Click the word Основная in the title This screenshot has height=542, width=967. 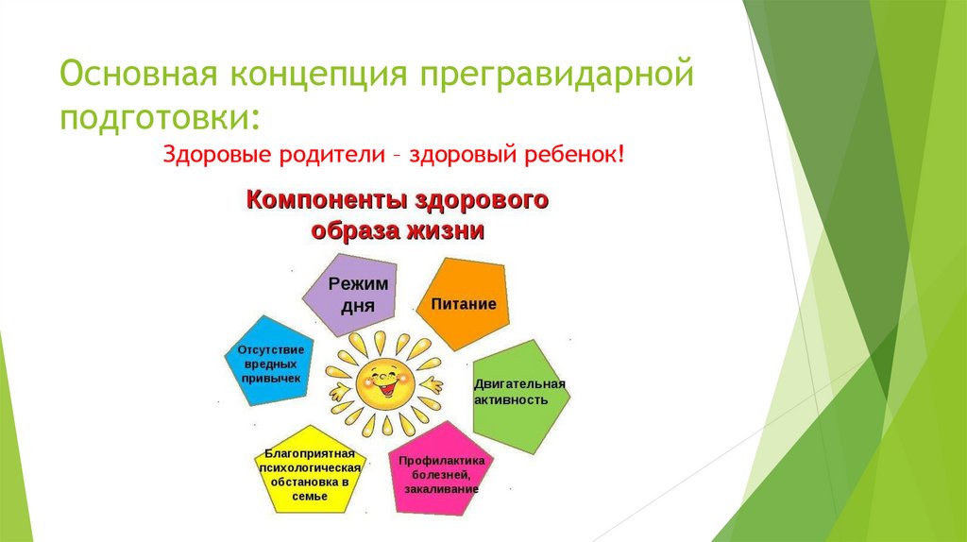point(140,74)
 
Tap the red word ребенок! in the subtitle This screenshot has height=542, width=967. point(575,154)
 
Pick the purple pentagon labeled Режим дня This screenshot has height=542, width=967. point(351,295)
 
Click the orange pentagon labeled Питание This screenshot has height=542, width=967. point(463,303)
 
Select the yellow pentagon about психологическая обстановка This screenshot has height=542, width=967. point(310,470)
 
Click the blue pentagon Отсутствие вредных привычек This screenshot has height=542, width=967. point(269,361)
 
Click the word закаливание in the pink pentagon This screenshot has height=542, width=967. point(442,489)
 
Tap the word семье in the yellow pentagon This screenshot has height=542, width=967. point(310,497)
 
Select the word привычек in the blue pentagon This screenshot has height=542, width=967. point(271,379)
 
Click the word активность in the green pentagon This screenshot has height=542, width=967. point(511,400)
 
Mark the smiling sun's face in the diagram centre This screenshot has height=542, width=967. point(385,384)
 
